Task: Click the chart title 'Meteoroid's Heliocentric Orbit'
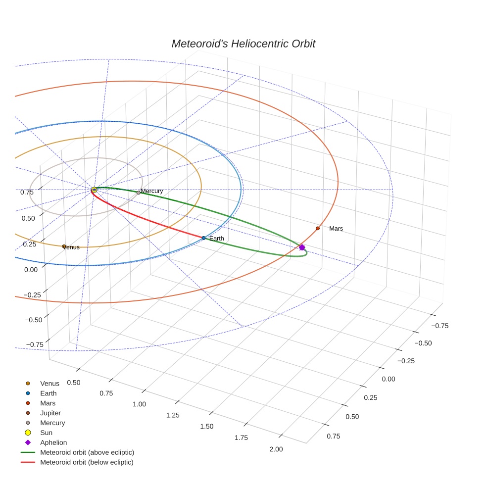pos(243,44)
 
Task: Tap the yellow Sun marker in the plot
pos(94,190)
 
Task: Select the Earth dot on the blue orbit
pos(203,238)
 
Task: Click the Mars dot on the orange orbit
pos(318,228)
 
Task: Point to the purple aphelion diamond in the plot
pos(302,247)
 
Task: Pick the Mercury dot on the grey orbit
pos(139,192)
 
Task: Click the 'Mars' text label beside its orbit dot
pos(336,229)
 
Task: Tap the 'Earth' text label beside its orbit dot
pos(216,239)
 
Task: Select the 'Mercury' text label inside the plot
pos(152,191)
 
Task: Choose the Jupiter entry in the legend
pos(50,413)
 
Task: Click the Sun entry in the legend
pos(46,433)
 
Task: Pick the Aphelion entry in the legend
pos(53,442)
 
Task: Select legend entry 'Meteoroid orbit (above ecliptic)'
pos(87,452)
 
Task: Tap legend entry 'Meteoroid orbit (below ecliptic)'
pos(87,462)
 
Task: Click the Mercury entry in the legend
pos(52,423)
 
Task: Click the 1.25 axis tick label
pos(173,415)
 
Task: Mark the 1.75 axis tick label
pos(241,438)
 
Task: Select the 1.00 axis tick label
pos(140,404)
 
